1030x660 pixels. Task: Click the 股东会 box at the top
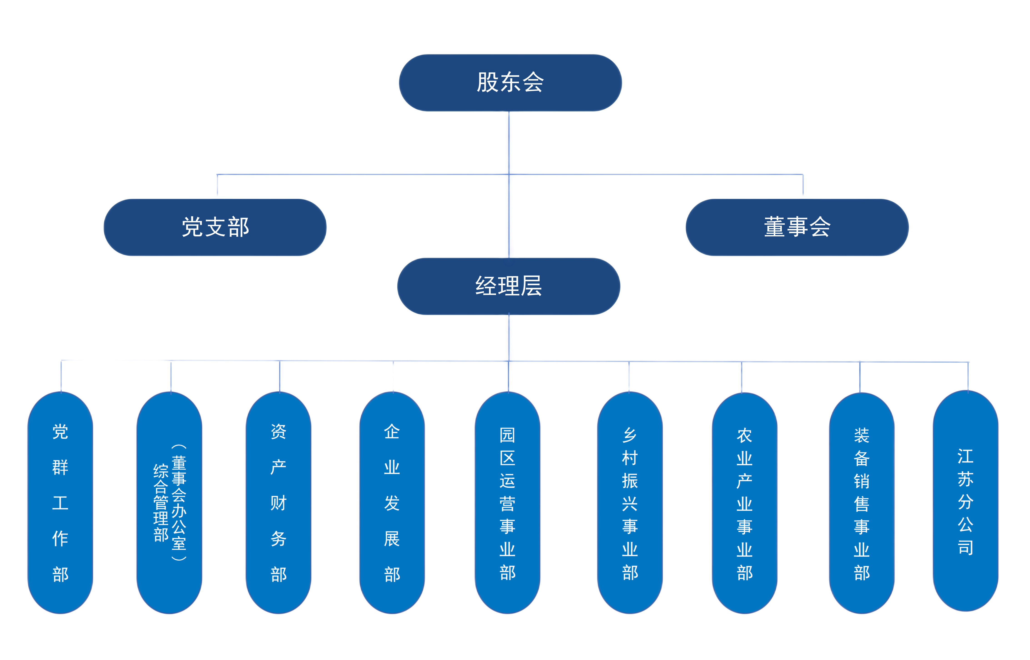pos(510,83)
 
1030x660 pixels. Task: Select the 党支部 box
pos(215,227)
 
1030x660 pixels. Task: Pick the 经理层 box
pos(509,286)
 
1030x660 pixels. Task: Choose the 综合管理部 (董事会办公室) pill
pos(169,502)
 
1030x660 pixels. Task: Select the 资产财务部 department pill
pos(278,502)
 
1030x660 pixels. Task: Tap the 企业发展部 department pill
pos(392,502)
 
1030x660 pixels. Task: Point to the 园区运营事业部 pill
pos(507,502)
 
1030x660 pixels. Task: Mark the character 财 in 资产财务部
pos(278,503)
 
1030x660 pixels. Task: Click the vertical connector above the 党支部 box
pos(217,185)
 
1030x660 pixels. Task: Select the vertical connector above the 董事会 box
pos(803,185)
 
